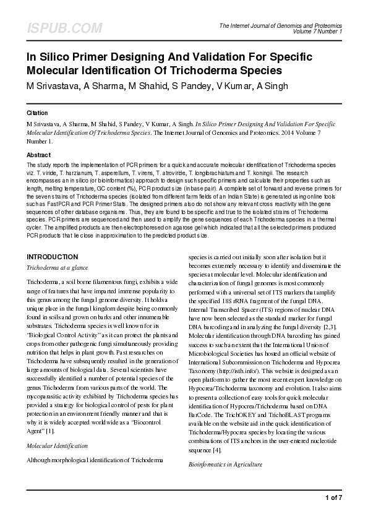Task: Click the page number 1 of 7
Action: pos(332,497)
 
